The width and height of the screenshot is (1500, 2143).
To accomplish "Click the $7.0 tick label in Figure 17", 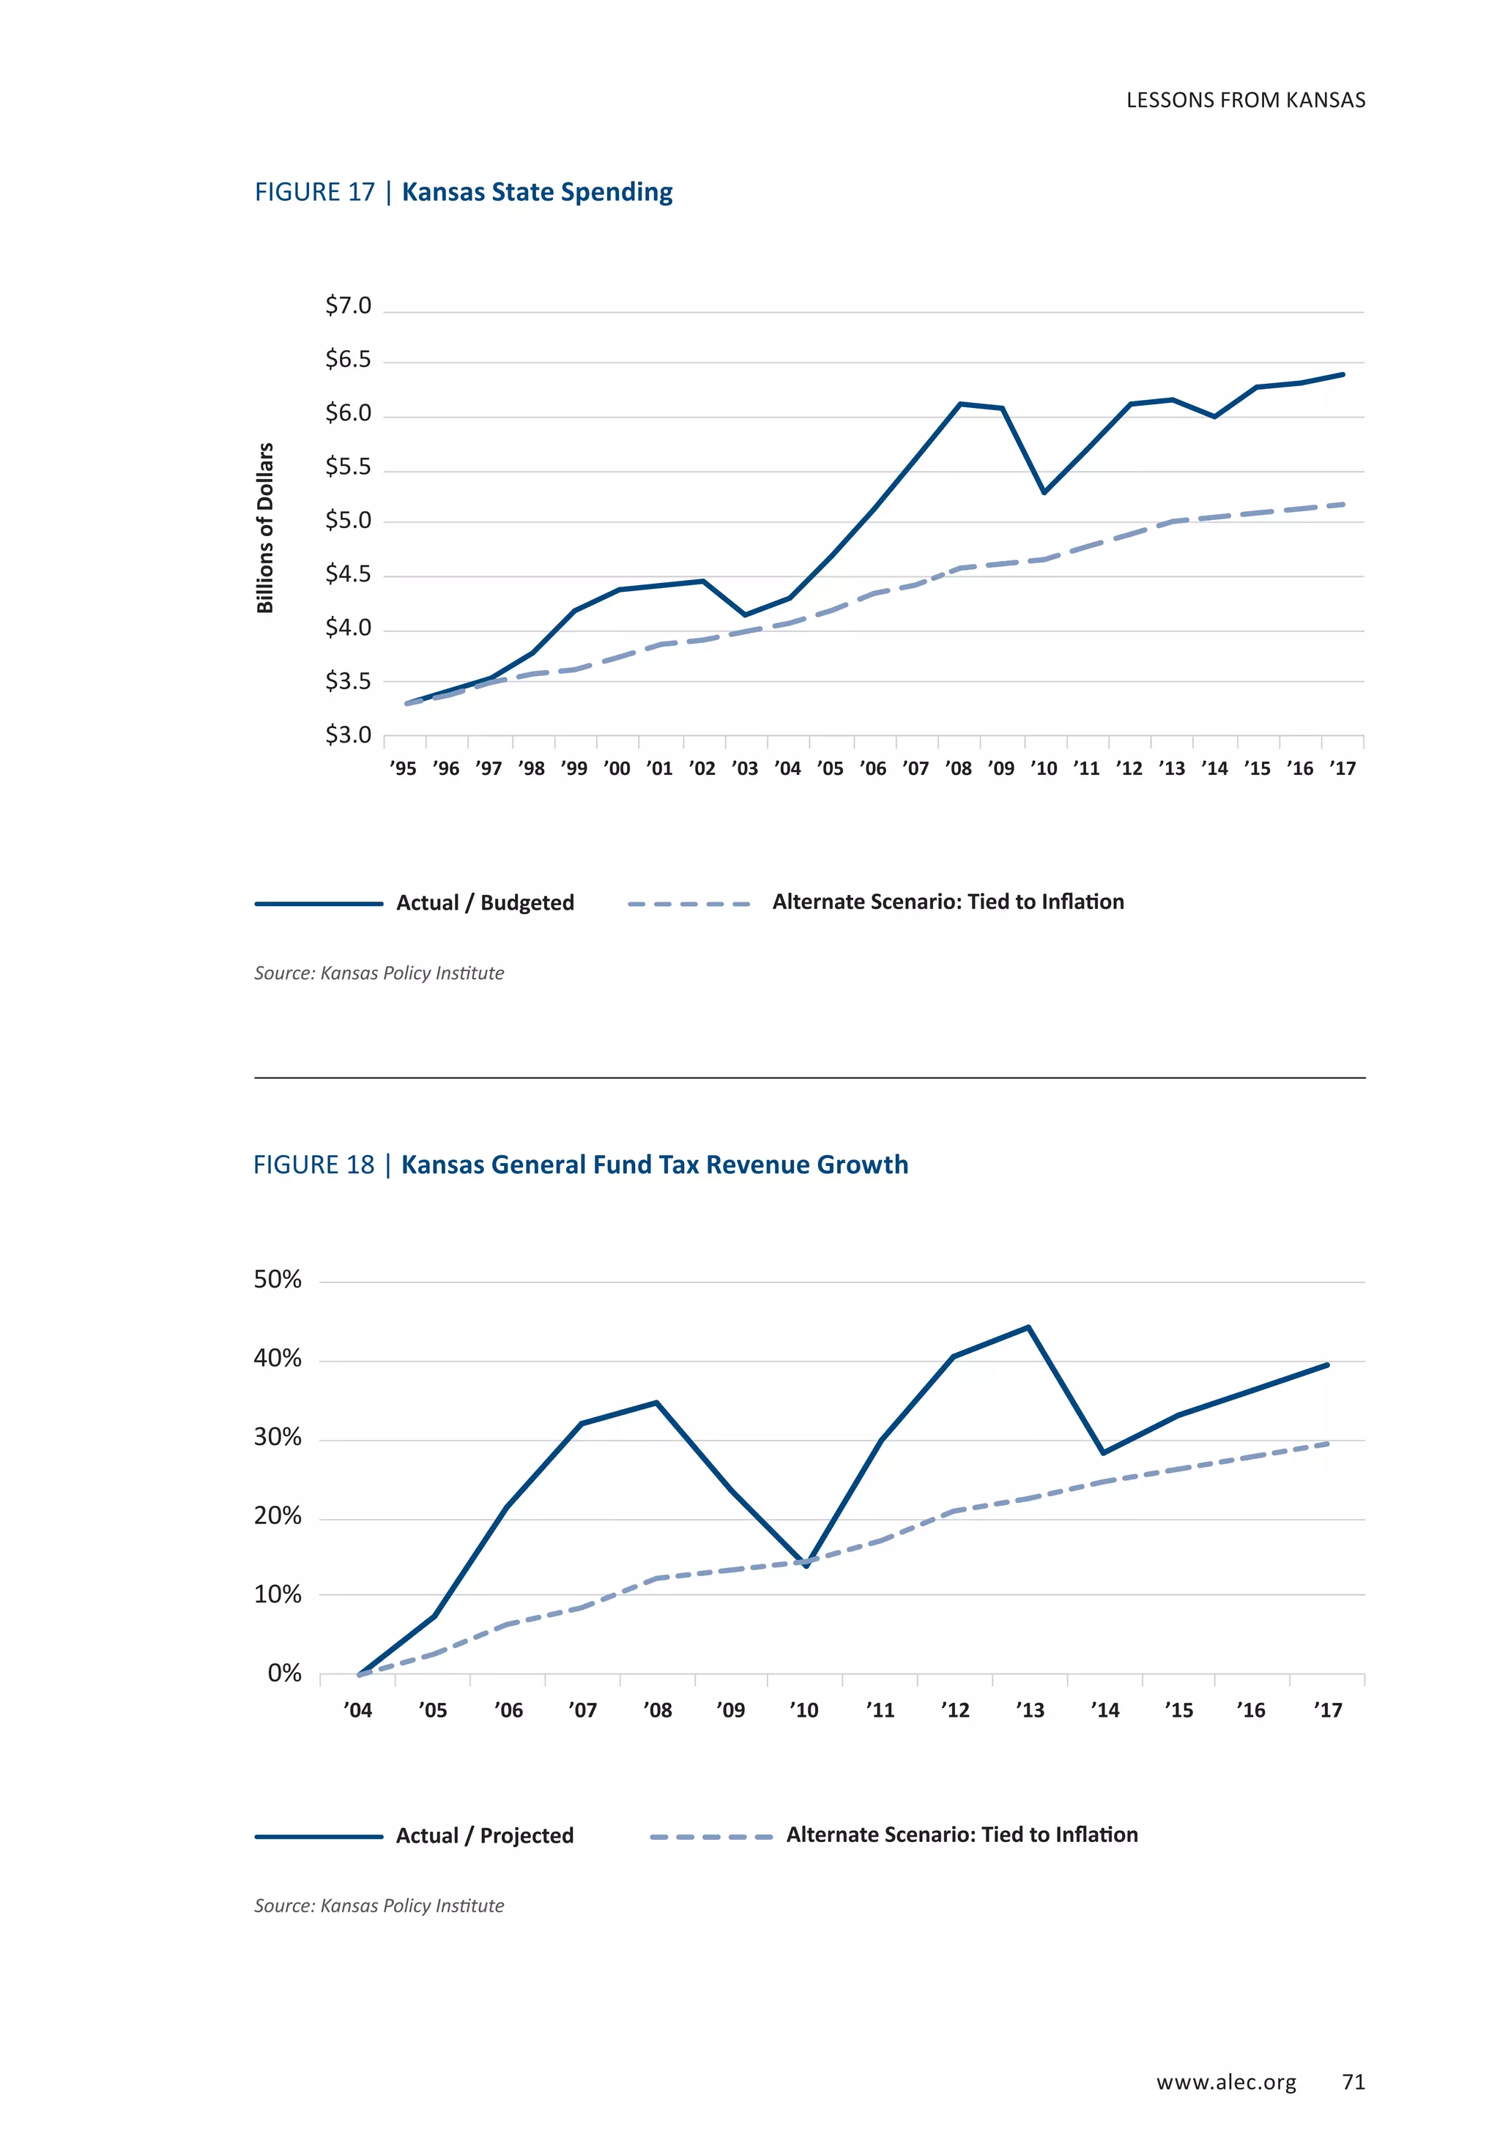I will [347, 305].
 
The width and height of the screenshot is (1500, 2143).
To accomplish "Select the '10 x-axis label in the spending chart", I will [1044, 768].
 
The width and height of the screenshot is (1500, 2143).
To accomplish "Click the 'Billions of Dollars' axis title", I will [265, 527].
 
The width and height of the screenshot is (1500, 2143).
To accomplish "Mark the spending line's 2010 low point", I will [1044, 492].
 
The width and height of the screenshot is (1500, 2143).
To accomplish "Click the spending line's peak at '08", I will [960, 404].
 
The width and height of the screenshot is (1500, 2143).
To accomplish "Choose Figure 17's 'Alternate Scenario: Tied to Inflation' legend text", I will [948, 902].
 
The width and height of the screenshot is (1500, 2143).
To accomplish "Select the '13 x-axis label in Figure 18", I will [1030, 1710].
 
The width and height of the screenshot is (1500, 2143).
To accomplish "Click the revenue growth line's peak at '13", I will [1028, 1326].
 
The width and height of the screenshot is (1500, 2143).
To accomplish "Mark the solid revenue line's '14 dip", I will [1103, 1452].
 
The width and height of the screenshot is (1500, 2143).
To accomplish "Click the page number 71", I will [1353, 2081].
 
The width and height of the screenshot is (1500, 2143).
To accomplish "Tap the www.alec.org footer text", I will [1225, 2082].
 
